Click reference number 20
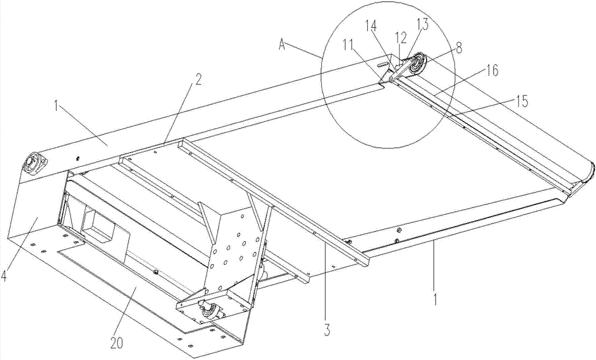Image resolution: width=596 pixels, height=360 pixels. pos(117,332)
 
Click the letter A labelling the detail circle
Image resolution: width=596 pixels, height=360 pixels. pos(282,44)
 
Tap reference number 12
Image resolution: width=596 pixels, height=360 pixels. pos(401,38)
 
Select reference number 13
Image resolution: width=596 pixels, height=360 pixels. pos(422,24)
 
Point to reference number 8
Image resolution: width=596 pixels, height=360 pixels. pos(460,48)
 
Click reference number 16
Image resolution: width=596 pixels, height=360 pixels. pos(492,71)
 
